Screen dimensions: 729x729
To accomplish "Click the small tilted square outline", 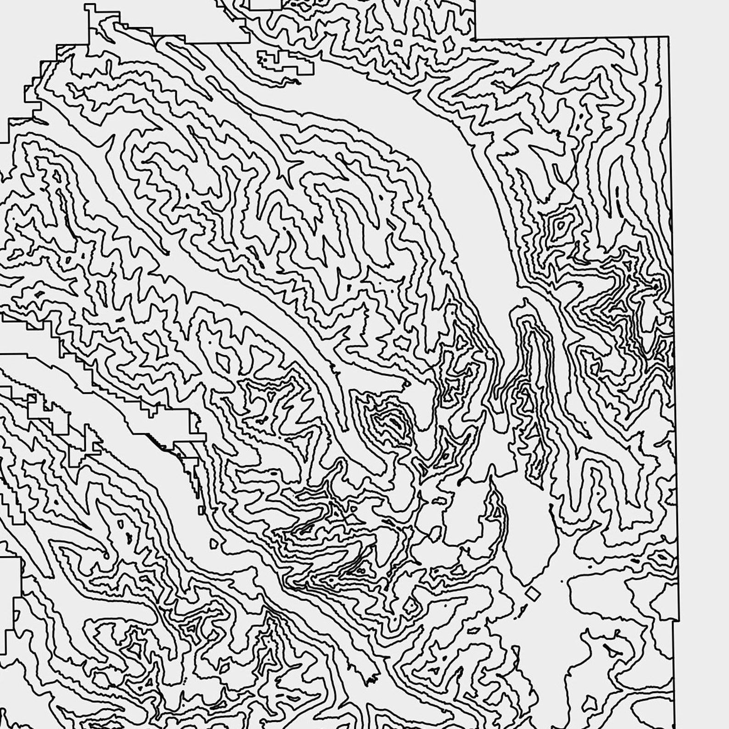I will [533, 594].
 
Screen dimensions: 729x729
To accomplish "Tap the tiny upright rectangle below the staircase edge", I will [202, 510].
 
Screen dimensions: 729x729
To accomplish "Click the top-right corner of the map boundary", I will [668, 36].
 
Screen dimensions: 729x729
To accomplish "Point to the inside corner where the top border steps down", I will [474, 39].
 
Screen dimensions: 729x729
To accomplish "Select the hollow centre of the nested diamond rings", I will [561, 225].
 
